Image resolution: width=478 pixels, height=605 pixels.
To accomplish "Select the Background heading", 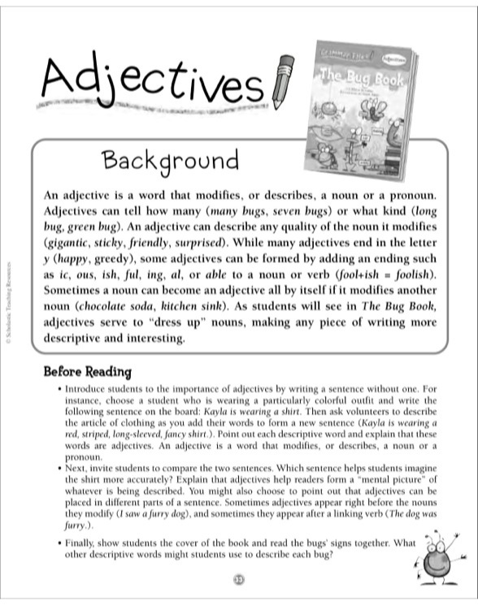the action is coord(170,162).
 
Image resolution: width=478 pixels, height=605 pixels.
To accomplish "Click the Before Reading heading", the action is coord(87,373).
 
